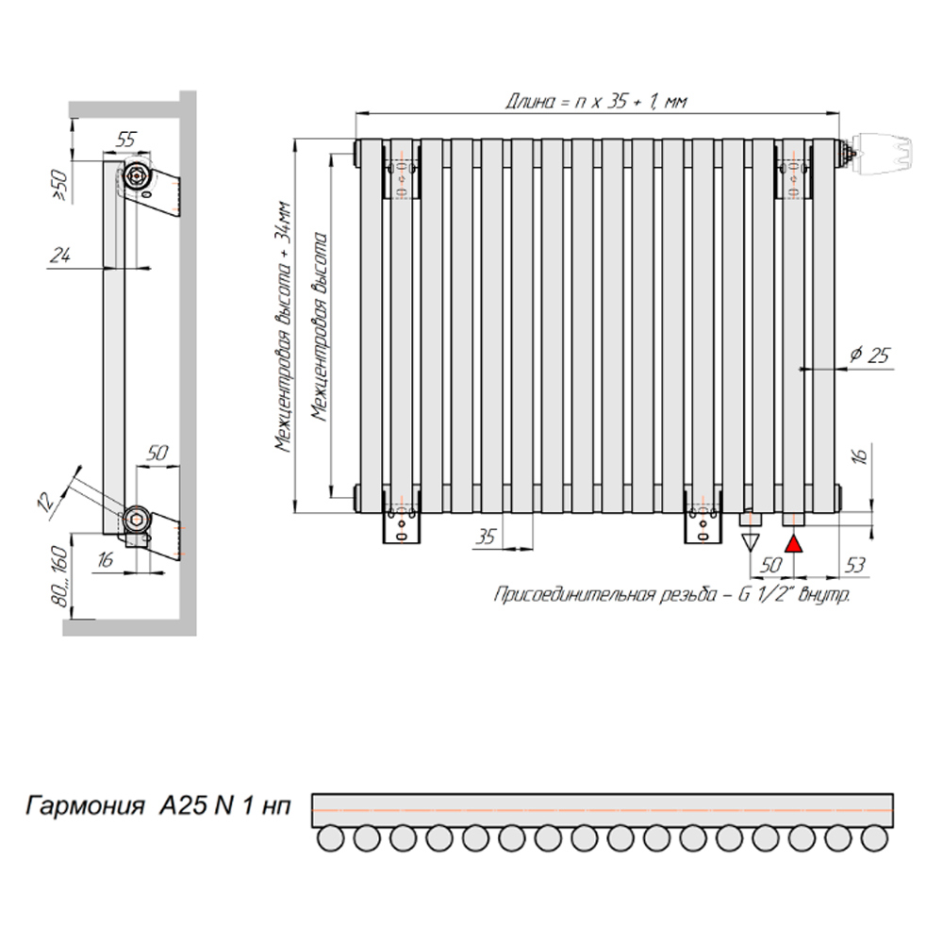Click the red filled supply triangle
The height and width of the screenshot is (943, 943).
click(794, 544)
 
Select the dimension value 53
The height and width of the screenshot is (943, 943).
click(854, 565)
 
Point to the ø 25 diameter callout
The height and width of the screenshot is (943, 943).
click(869, 355)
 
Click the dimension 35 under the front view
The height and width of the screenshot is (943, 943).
click(486, 536)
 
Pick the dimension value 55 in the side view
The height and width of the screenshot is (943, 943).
click(125, 140)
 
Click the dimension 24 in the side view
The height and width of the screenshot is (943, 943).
click(60, 256)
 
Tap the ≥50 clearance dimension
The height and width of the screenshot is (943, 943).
click(60, 184)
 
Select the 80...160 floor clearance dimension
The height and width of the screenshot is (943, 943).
click(60, 576)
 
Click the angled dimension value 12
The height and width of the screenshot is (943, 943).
click(46, 501)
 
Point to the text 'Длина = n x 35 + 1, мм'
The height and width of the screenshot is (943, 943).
click(595, 101)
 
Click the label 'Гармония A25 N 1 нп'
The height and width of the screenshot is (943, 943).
click(158, 805)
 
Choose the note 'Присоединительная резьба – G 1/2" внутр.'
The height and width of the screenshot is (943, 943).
click(672, 595)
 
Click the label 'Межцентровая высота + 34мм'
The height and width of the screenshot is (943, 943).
click(283, 327)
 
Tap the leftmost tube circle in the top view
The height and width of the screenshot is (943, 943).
click(330, 837)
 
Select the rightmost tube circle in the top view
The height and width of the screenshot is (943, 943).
click(874, 837)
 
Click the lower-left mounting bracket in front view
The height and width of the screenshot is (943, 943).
click(402, 522)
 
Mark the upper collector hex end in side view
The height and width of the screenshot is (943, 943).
click(137, 177)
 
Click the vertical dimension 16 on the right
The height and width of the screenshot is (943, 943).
click(860, 455)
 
